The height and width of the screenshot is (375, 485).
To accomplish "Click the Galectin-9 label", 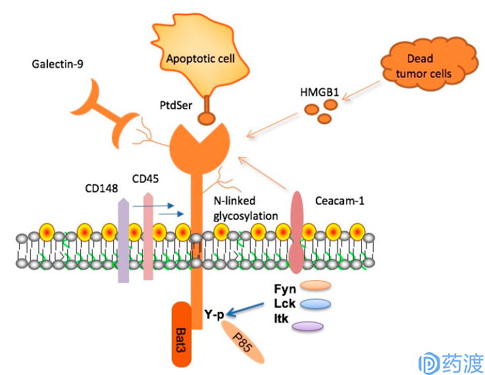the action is (x=57, y=64).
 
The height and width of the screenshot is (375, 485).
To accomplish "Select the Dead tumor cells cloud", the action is (x=428, y=64).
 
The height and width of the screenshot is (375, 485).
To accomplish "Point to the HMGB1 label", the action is (x=320, y=92).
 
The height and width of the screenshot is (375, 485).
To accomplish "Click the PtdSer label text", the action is (x=176, y=105).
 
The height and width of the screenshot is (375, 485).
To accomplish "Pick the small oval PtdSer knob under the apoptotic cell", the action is (x=207, y=118).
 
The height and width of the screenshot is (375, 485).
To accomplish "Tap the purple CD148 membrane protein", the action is (x=124, y=240).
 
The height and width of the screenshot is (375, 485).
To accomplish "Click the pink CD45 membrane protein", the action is (x=149, y=236).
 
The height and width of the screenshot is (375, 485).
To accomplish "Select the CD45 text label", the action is (x=145, y=179).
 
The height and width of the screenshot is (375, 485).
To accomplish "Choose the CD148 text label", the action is (x=101, y=188).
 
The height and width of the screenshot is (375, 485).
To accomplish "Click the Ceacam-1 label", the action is (x=340, y=201).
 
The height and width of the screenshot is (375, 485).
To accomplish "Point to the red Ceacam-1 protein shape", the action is (x=297, y=232).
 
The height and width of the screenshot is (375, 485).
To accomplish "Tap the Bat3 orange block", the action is (x=182, y=334).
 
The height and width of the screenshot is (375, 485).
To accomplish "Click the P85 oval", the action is (x=243, y=342).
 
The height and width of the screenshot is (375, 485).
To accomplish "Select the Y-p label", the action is (x=215, y=314).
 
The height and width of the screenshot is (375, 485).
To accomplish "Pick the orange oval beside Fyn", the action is (x=315, y=286).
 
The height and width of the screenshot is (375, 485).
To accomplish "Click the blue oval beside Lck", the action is (x=315, y=304).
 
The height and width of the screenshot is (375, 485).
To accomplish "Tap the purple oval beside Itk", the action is (x=308, y=326).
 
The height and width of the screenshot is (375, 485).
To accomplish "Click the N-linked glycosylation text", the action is (x=245, y=209).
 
